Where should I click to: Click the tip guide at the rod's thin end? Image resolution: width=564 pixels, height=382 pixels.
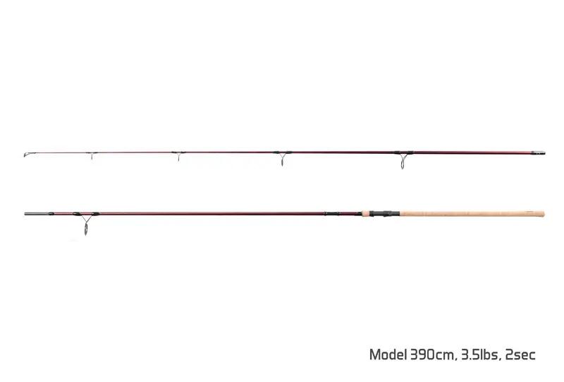[27, 155]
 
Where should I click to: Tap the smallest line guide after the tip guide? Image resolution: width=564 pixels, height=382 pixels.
[92, 155]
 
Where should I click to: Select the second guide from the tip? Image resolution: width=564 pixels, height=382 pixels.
[178, 155]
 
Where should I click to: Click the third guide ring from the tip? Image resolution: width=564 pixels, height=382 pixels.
[283, 158]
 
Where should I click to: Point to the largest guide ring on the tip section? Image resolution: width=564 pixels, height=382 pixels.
[403, 160]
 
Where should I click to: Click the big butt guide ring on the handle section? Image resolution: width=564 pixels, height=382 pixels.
[85, 223]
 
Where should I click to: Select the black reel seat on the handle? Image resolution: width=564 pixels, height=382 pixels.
[385, 214]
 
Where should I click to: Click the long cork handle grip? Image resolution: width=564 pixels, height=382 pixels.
[472, 214]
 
